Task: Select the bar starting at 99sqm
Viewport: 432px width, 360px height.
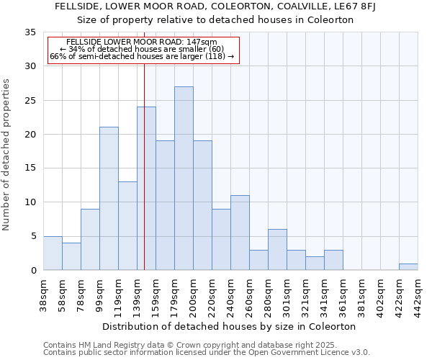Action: click(x=109, y=199)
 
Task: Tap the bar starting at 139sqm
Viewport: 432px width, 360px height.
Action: click(x=146, y=189)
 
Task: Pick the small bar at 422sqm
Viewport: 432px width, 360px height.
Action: click(x=408, y=267)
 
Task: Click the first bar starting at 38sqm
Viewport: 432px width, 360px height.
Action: click(x=53, y=253)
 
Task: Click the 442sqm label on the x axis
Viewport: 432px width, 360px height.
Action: click(x=418, y=296)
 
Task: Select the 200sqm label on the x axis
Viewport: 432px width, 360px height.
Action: click(x=193, y=296)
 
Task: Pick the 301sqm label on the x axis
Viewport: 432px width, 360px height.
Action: click(x=287, y=296)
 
